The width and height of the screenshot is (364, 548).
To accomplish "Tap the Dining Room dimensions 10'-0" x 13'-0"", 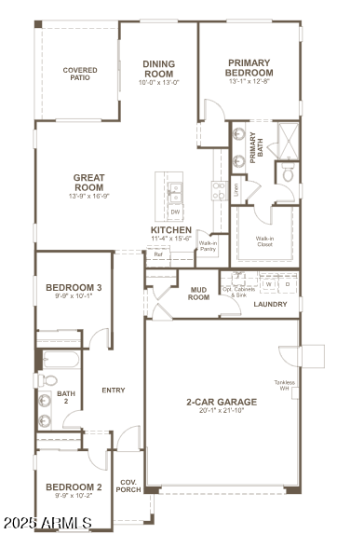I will click(158, 82).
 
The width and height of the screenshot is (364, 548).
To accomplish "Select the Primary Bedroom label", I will click(250, 68).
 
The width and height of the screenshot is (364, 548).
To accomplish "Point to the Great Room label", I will click(89, 183).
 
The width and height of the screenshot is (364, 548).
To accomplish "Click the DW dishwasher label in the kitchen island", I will click(175, 212).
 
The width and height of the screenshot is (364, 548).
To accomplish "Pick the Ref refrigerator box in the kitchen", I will click(158, 253).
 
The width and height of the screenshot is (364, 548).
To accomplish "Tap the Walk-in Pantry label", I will click(208, 246).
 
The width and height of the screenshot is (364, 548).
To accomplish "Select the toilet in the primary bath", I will click(289, 172).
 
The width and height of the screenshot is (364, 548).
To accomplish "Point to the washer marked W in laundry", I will click(269, 284).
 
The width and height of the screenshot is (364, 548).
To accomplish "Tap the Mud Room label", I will click(198, 294).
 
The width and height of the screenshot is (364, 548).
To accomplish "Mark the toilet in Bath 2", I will click(47, 380).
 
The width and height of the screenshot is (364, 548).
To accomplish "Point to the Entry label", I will click(113, 390).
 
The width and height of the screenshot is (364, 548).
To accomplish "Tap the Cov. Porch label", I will click(128, 486).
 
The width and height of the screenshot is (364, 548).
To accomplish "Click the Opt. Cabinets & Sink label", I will click(237, 292).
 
